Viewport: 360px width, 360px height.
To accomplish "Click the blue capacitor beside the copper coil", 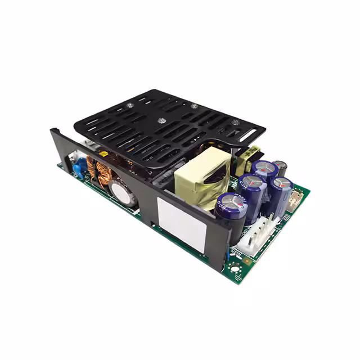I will click(79, 166).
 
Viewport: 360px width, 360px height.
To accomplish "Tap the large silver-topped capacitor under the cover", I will click(123, 193).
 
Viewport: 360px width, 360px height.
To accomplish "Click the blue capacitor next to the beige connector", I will click(280, 192).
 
